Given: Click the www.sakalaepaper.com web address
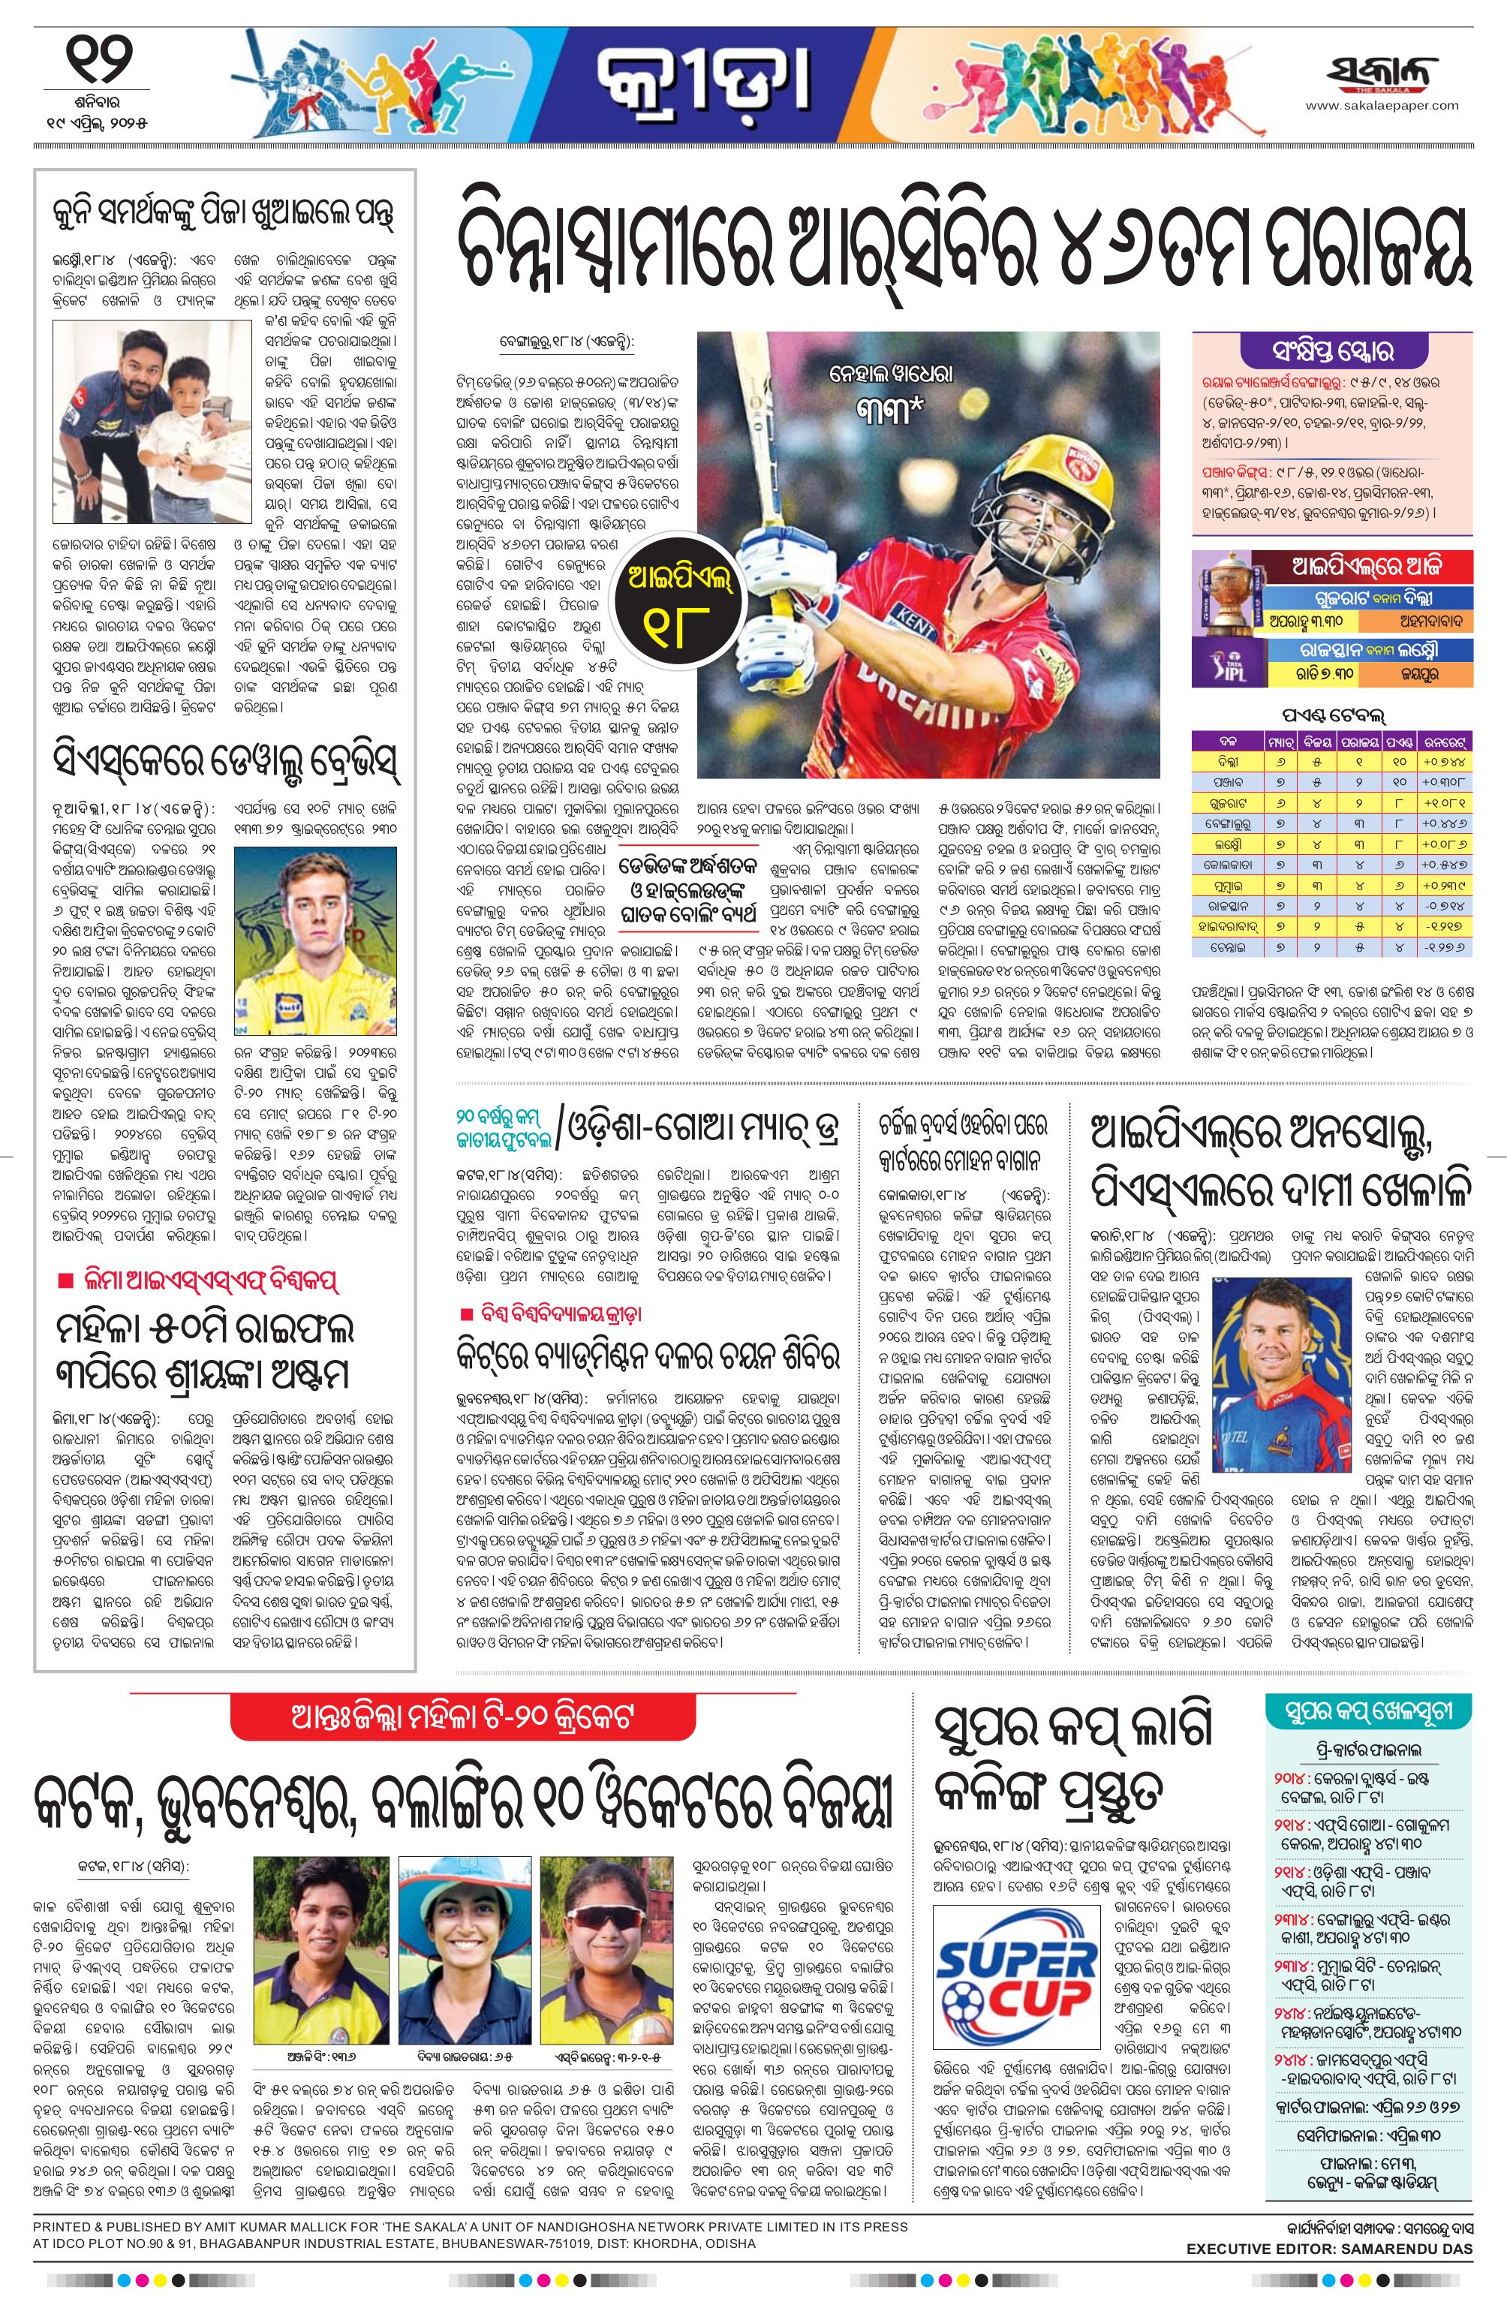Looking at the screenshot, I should pyautogui.click(x=1382, y=107).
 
